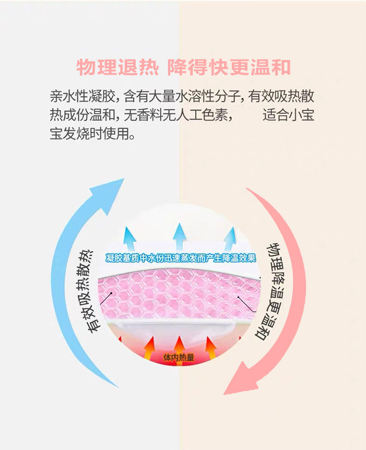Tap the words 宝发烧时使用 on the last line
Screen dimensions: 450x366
pyautogui.click(x=92, y=134)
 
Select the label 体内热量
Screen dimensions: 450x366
pyautogui.click(x=179, y=358)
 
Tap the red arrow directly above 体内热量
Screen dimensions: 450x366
pyautogui.click(x=179, y=344)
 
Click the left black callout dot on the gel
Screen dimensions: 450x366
pyautogui.click(x=113, y=294)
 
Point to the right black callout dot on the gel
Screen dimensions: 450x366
pyautogui.click(x=239, y=296)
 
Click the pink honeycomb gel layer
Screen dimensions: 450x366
pyautogui.click(x=181, y=295)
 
